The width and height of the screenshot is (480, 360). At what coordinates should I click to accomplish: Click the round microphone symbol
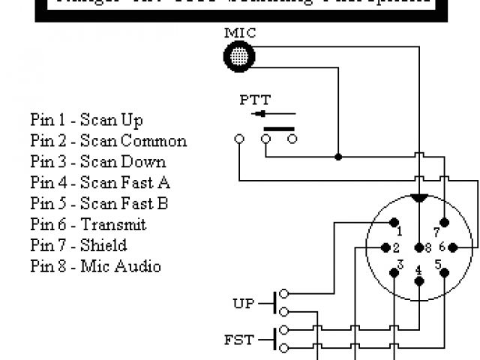pos(239,55)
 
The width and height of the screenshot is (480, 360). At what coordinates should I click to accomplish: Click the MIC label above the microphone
pos(239,33)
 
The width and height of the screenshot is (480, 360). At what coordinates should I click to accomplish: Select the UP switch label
pos(244,304)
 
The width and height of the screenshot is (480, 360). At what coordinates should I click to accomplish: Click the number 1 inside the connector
pos(399,232)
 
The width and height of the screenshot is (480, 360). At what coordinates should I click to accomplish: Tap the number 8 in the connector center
pos(428,247)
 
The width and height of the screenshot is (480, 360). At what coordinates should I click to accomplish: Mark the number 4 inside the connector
pos(418,269)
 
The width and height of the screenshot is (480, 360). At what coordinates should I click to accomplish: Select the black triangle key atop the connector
pos(420,198)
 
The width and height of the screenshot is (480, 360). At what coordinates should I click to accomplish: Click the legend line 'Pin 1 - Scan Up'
pos(86,120)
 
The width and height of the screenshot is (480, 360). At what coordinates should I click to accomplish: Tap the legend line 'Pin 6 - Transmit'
pos(88,224)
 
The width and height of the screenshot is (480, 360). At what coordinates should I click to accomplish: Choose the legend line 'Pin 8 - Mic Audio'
pos(95,266)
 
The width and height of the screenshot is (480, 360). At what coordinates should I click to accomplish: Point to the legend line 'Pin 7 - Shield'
pos(78,245)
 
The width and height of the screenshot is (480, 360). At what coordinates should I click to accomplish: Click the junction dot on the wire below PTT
pos(338,157)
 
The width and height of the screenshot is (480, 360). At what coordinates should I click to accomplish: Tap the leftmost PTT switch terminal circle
pos(239,139)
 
